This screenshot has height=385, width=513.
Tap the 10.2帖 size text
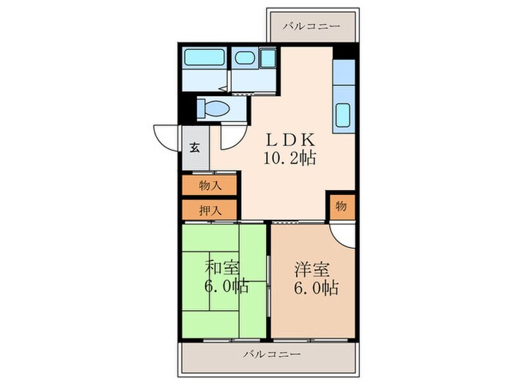[290, 157]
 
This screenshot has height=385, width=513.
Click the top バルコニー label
[312, 26]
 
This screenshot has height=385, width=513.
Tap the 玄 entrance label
[196, 146]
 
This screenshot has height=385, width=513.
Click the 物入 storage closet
[209, 186]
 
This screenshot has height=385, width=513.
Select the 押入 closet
[209, 210]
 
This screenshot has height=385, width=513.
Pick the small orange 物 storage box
[342, 206]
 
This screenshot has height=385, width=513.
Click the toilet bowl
[215, 109]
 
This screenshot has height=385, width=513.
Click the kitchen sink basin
[343, 116]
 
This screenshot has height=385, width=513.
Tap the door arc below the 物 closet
[341, 232]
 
